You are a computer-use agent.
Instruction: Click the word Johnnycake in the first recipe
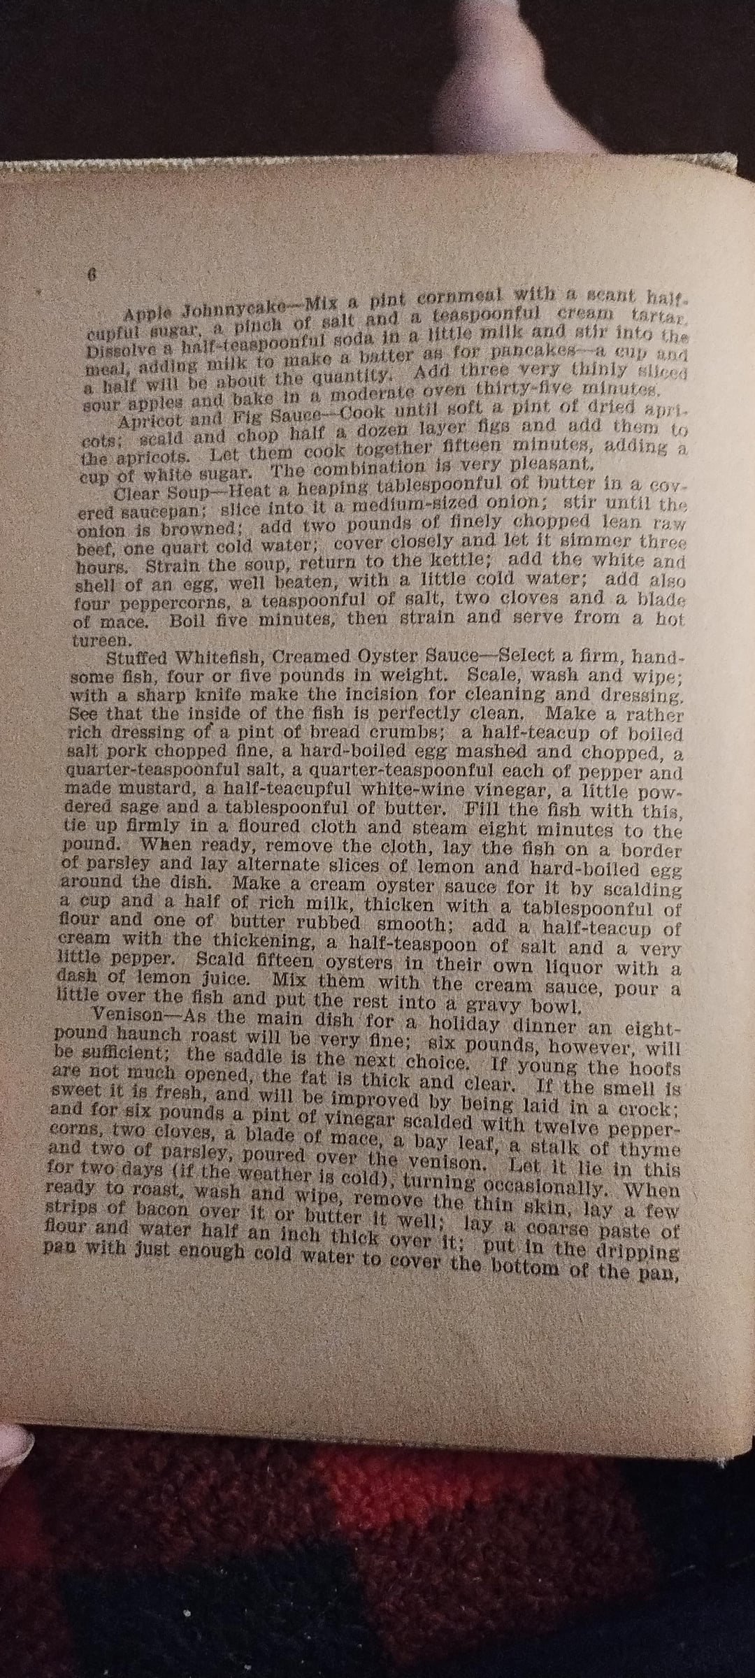[x=224, y=308]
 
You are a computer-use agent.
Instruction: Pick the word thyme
[x=654, y=1149]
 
